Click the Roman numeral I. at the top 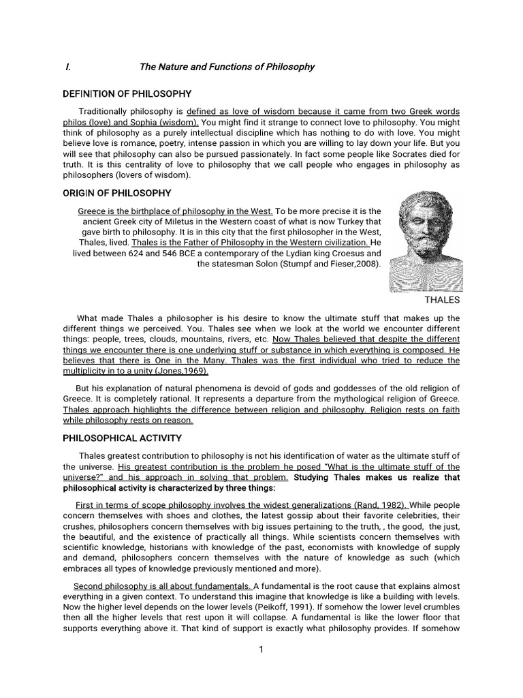pyautogui.click(x=67, y=67)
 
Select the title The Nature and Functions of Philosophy pyautogui.click(x=227, y=67)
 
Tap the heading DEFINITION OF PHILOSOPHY pyautogui.click(x=127, y=93)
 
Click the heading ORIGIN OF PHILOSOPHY pyautogui.click(x=117, y=193)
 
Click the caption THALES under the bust pyautogui.click(x=442, y=300)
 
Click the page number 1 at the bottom pyautogui.click(x=261, y=650)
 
